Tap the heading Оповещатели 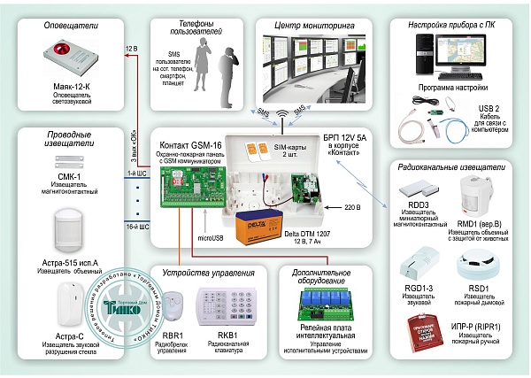click(71, 27)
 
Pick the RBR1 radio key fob click(174, 305)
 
